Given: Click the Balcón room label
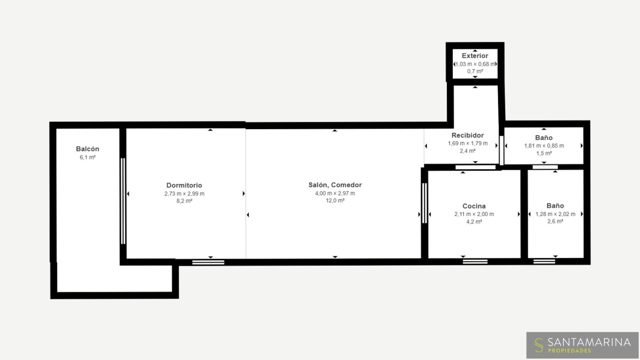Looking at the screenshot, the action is pyautogui.click(x=87, y=149).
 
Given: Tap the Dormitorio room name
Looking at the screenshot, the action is pyautogui.click(x=185, y=185).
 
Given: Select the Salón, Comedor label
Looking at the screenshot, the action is pyautogui.click(x=335, y=185).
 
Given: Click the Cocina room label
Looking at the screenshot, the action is pyautogui.click(x=474, y=206).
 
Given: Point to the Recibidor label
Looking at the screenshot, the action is pyautogui.click(x=468, y=135).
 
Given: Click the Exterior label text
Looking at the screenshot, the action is pyautogui.click(x=475, y=55).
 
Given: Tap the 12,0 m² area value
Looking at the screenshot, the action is pyautogui.click(x=335, y=201).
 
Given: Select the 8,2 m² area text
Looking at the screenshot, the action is pyautogui.click(x=185, y=201).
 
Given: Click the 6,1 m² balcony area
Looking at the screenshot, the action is pyautogui.click(x=87, y=157).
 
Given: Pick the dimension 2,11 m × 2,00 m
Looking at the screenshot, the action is pyautogui.click(x=474, y=214).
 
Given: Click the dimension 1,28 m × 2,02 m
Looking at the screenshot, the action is pyautogui.click(x=555, y=214).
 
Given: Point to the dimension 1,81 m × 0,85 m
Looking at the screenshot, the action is pyautogui.click(x=544, y=146).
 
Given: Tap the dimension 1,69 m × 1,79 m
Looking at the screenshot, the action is pyautogui.click(x=468, y=143).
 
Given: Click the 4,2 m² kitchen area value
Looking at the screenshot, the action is pyautogui.click(x=474, y=222).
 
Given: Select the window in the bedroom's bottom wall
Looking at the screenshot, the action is pyautogui.click(x=209, y=262).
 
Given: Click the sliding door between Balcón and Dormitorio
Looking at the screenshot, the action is pyautogui.click(x=123, y=201).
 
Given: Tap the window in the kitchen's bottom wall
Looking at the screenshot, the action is pyautogui.click(x=475, y=261).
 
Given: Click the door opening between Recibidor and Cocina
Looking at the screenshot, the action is pyautogui.click(x=475, y=167).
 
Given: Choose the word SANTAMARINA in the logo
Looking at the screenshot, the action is pyautogui.click(x=589, y=342).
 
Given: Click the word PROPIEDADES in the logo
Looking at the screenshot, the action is pyautogui.click(x=570, y=350).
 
